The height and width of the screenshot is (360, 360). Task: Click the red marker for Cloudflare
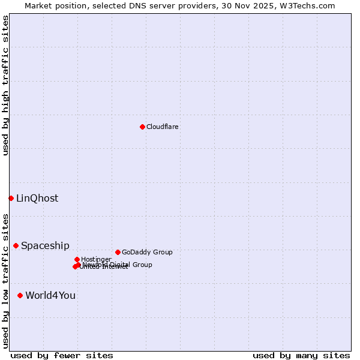[142, 127]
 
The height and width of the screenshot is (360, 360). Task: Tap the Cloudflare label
[163, 127]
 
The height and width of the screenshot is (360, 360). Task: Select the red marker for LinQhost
[11, 198]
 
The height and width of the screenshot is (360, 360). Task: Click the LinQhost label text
[37, 199]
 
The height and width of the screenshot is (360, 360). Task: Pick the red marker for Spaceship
[16, 245]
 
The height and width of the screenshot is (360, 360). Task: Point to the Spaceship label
[45, 246]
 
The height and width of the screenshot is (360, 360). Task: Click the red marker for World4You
[20, 295]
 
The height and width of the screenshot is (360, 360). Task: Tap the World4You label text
[50, 296]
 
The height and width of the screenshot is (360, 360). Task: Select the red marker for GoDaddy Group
[118, 252]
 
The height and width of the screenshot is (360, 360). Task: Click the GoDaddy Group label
[147, 253]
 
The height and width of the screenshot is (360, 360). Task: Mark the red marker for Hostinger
[77, 259]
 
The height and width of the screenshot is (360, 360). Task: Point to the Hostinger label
[96, 260]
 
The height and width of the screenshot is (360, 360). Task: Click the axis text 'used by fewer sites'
[62, 355]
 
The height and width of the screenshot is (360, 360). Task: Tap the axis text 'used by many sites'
[301, 355]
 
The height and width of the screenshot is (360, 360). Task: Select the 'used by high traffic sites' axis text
[6, 85]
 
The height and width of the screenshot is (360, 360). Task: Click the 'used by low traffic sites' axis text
[6, 281]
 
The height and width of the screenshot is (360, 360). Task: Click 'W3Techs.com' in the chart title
[310, 6]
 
